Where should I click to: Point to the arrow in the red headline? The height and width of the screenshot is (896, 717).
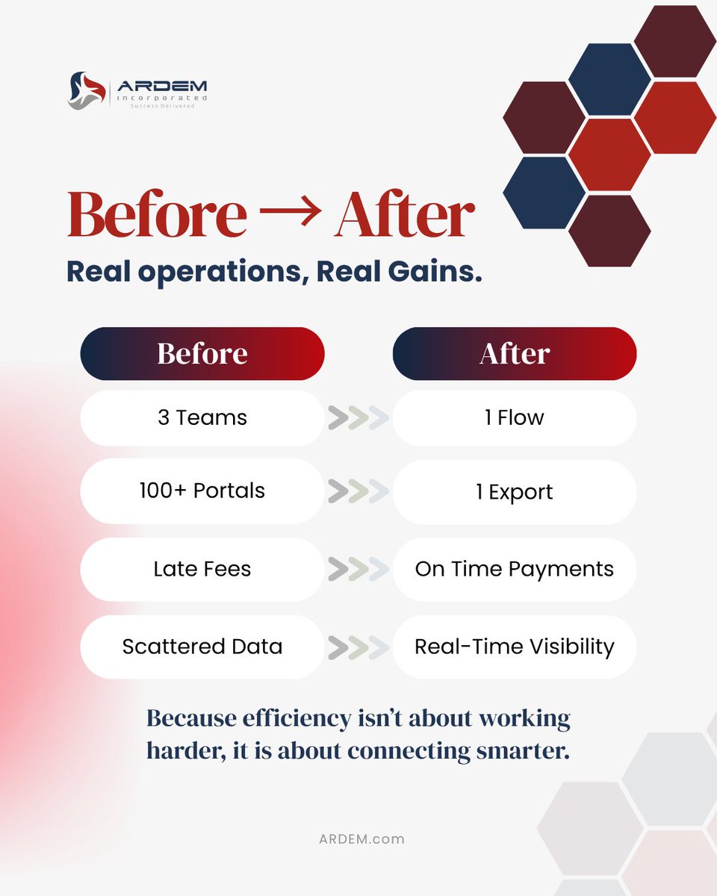(290, 214)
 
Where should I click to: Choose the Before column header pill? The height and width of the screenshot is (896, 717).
(202, 353)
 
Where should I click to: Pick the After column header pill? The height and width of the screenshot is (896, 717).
(515, 353)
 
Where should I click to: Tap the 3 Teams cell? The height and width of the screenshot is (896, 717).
(202, 417)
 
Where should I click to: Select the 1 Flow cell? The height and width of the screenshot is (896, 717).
(515, 417)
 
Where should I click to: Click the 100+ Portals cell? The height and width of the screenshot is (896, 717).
(202, 491)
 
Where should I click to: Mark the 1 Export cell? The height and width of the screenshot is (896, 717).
(515, 492)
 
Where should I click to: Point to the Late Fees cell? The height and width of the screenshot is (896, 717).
(202, 569)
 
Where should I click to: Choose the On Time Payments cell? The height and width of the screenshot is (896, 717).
(515, 569)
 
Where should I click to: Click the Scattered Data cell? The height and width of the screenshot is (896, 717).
(202, 647)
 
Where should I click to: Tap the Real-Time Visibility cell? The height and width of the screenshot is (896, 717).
(515, 647)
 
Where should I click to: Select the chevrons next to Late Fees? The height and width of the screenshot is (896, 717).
(358, 570)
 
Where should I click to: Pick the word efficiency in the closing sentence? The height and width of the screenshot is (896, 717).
(291, 719)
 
